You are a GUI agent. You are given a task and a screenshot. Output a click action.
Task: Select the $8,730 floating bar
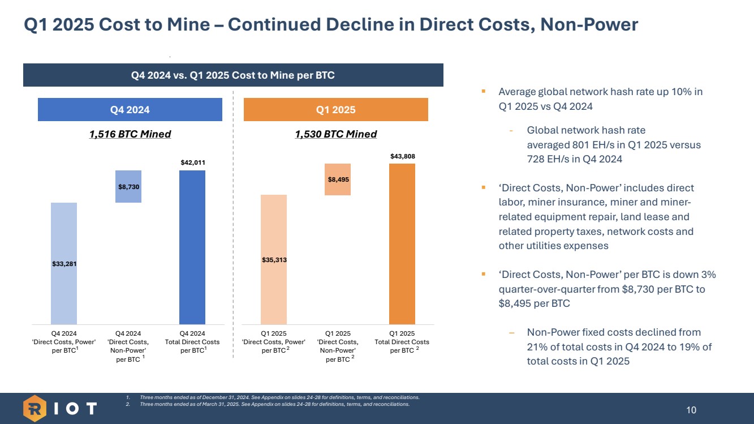(x=128, y=186)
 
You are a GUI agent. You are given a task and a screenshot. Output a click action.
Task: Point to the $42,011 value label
(x=192, y=162)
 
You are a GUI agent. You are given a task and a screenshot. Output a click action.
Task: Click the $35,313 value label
(x=273, y=260)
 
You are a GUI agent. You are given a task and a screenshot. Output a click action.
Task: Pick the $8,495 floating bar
(x=338, y=179)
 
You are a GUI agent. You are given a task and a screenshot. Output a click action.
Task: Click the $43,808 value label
(x=402, y=156)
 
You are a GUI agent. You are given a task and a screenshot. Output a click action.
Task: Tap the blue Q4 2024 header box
(x=130, y=110)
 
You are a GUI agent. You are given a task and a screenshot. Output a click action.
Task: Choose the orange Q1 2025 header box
(x=335, y=110)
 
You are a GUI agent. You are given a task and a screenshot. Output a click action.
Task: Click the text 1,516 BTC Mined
(x=130, y=134)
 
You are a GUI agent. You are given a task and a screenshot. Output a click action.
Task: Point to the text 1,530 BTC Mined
(x=336, y=134)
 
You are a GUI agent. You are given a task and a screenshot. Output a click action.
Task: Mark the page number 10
(x=691, y=410)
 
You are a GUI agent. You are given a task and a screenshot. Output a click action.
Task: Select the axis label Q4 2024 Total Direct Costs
(x=192, y=342)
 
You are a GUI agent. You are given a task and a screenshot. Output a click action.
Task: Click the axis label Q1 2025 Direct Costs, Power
(x=273, y=342)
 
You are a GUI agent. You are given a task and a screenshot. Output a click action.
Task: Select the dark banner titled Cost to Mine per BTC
(x=233, y=75)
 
